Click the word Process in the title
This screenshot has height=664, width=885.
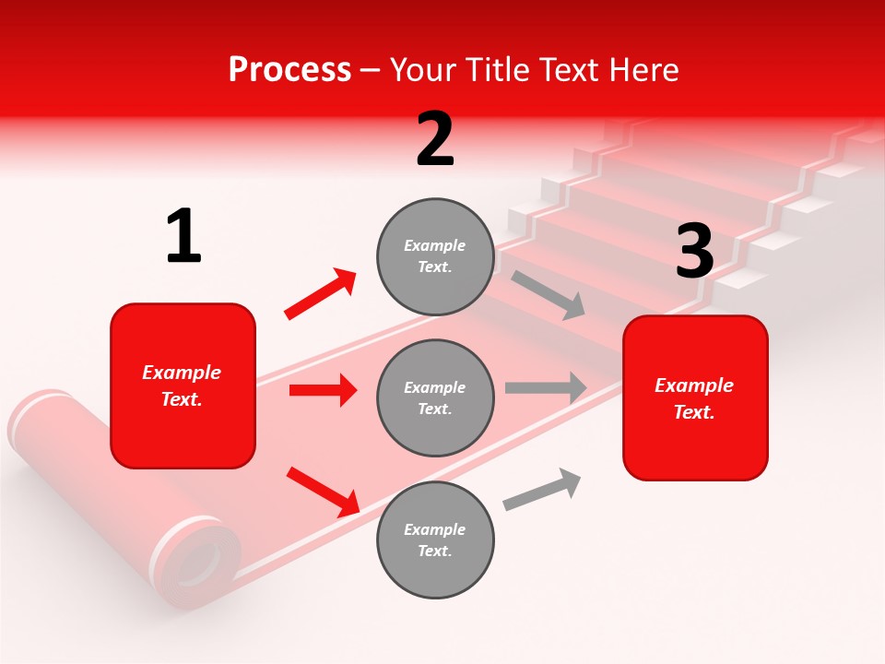[289, 70]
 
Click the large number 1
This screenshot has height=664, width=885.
[183, 237]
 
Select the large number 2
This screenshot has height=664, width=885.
[435, 139]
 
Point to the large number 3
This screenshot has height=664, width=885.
[694, 251]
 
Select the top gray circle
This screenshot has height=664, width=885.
[435, 256]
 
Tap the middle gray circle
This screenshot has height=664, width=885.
[435, 397]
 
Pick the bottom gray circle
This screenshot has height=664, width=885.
[435, 539]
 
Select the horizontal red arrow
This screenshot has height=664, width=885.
[323, 390]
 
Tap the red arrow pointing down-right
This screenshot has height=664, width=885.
[324, 492]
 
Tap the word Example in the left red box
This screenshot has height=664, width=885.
[182, 373]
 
